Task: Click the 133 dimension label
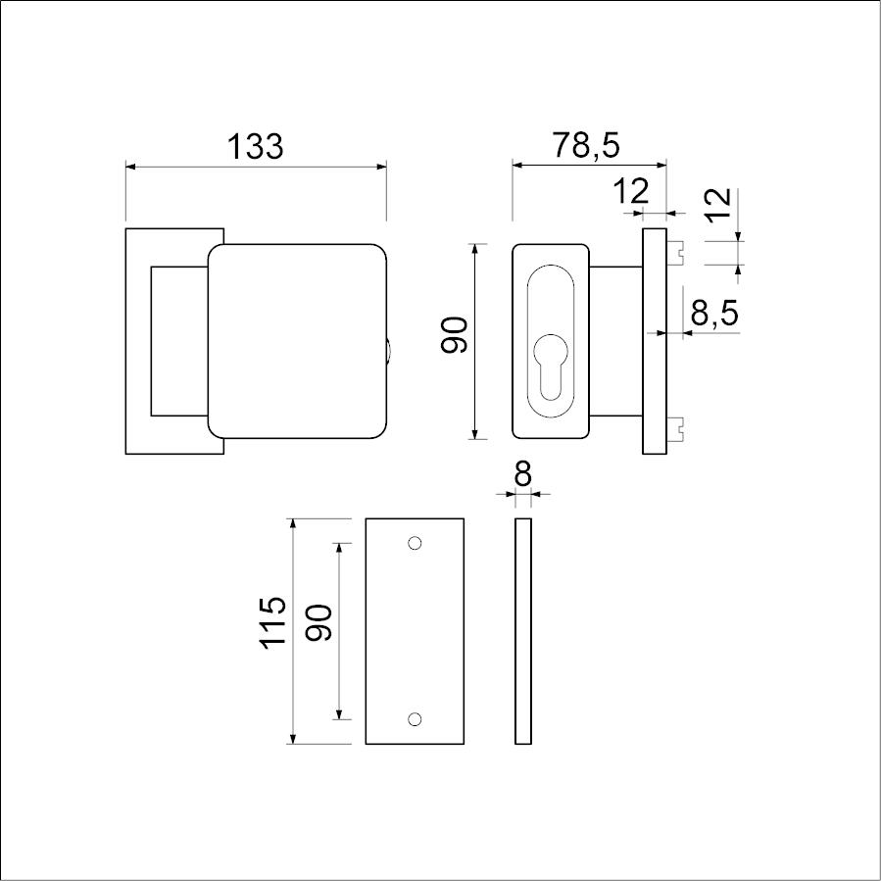[x=255, y=146]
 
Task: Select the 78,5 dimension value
[x=586, y=145]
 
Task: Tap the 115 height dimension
[x=273, y=623]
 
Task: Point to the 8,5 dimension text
[x=714, y=313]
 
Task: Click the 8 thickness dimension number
[x=523, y=475]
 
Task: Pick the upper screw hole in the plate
[x=415, y=543]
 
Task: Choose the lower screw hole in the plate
[x=415, y=719]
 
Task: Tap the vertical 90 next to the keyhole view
[x=454, y=335]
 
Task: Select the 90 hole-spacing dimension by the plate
[x=318, y=622]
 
